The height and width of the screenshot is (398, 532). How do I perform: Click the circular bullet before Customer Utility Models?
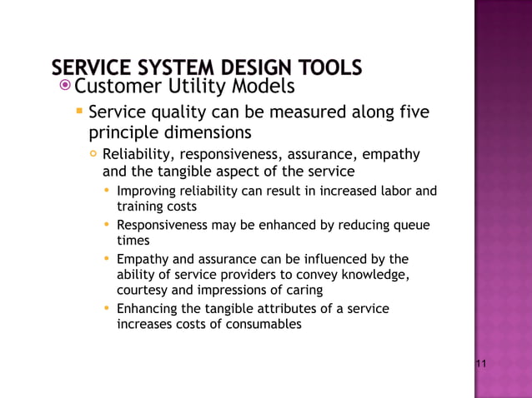[66, 85]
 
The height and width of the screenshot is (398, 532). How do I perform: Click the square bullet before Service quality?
[78, 111]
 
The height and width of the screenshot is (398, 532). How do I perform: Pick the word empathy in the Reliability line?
[393, 154]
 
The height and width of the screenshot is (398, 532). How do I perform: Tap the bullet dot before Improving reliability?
[108, 191]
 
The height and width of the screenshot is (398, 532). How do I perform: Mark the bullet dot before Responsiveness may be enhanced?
[108, 225]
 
